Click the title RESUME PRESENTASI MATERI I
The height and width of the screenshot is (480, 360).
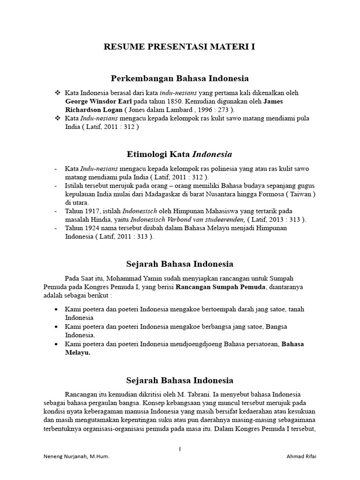180,47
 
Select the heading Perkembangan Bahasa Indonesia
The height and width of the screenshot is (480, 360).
180,78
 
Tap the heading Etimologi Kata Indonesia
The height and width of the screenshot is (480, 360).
180,154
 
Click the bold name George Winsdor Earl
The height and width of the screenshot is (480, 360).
99,101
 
